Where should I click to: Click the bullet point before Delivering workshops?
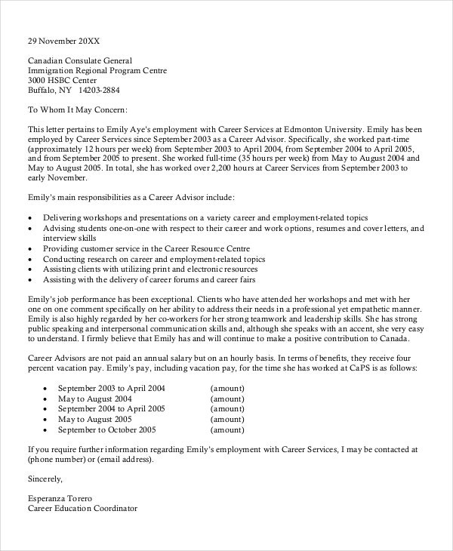(29, 217)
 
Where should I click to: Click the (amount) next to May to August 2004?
(226, 397)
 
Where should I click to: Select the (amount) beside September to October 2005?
(226, 429)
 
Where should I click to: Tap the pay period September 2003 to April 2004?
(110, 386)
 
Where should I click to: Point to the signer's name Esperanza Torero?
(60, 498)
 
